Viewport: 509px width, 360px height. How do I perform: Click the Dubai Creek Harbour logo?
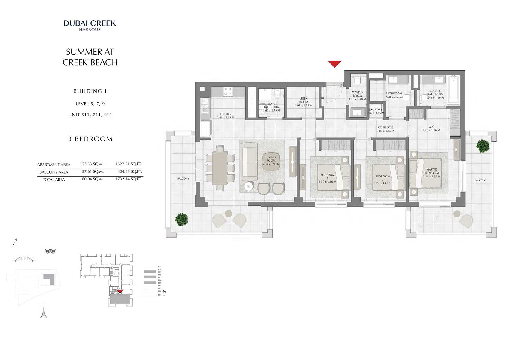click(x=90, y=25)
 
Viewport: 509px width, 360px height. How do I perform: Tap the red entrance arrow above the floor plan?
click(x=334, y=64)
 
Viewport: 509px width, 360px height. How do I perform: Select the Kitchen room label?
click(x=225, y=114)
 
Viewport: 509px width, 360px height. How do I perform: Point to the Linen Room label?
click(x=303, y=100)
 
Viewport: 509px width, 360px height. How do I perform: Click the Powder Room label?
click(x=357, y=94)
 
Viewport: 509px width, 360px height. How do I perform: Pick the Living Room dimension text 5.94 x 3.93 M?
click(x=271, y=164)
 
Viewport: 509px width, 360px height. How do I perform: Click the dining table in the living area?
click(x=220, y=168)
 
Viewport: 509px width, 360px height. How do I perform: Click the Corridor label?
click(x=385, y=128)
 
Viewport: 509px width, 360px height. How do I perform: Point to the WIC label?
click(x=431, y=127)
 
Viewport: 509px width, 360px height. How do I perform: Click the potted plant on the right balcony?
click(x=483, y=146)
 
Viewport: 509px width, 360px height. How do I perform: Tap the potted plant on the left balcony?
click(x=181, y=219)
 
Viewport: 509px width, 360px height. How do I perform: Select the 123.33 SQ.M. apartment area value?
click(x=92, y=164)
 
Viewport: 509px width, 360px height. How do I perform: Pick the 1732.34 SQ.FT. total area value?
click(x=128, y=179)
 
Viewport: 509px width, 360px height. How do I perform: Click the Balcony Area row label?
click(x=54, y=172)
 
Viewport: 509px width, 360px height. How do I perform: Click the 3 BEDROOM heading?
click(x=90, y=139)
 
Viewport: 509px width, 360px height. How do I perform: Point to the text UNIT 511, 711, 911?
click(x=90, y=115)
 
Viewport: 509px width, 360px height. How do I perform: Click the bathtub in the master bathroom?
click(x=453, y=90)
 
